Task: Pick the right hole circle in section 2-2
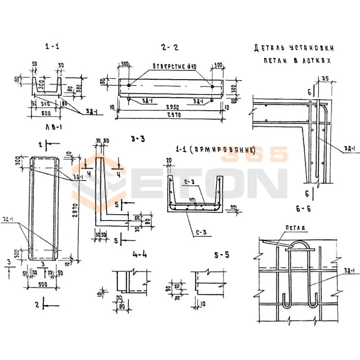coord(212,85)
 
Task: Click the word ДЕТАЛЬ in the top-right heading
coord(268,47)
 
